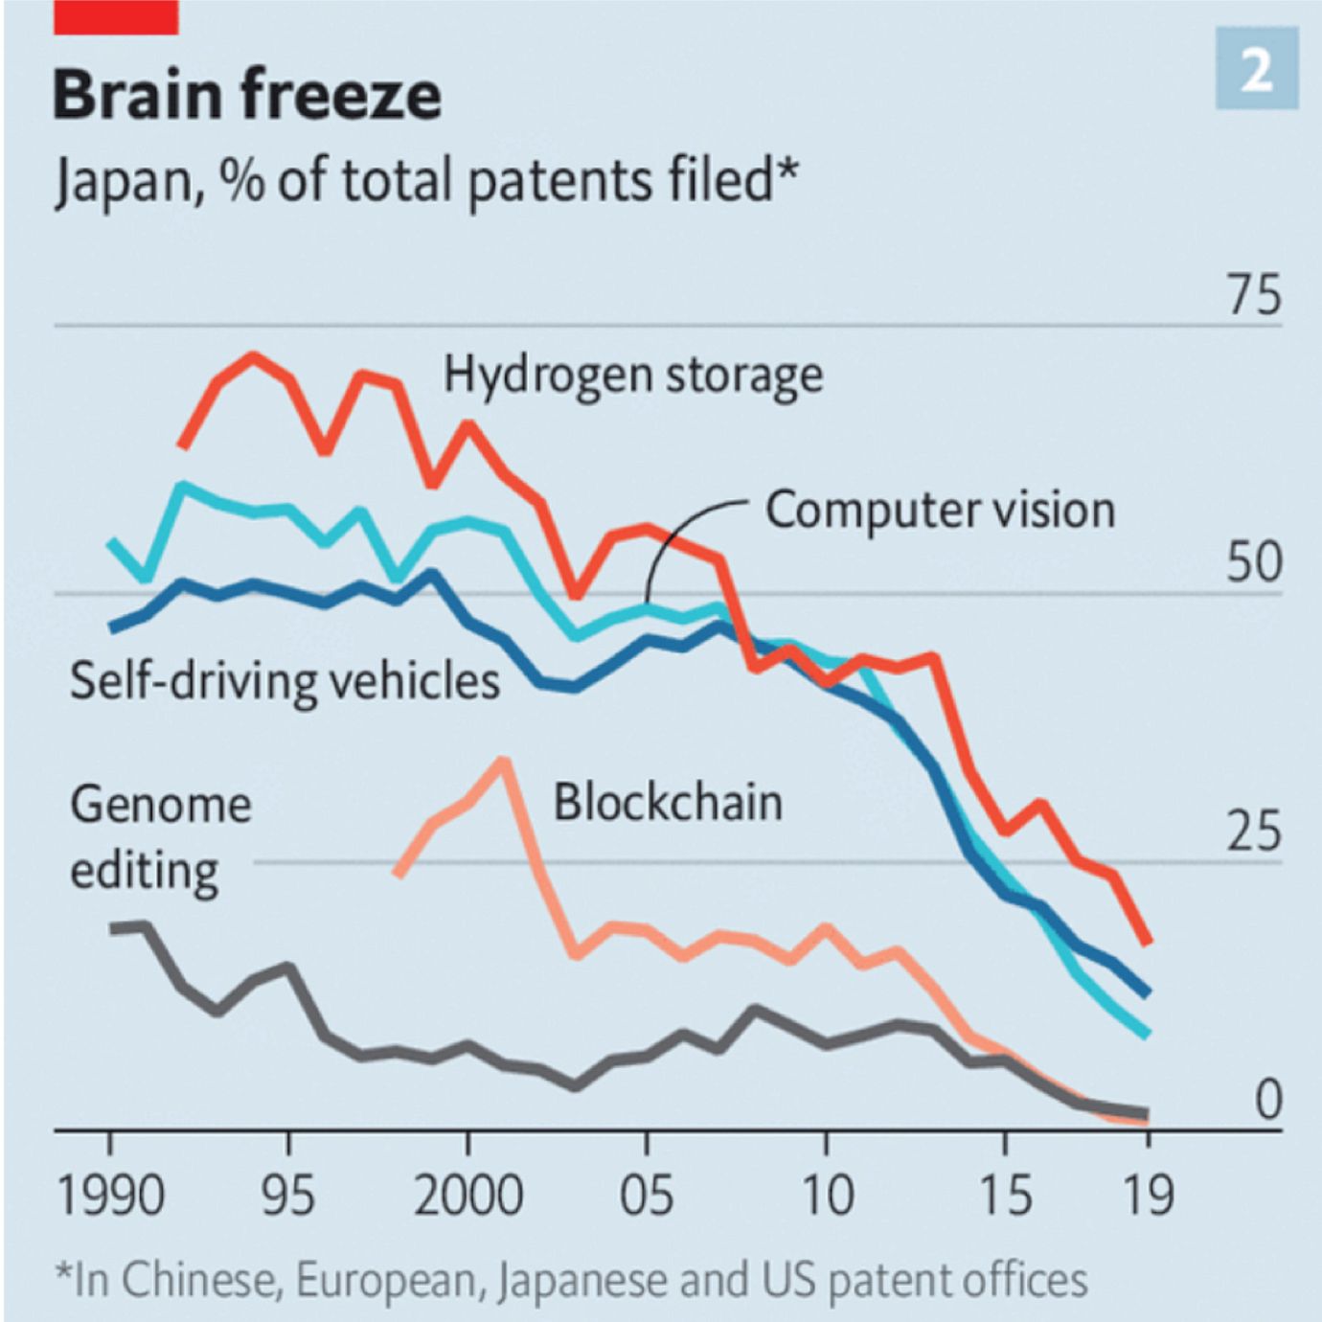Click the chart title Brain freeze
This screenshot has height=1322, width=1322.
point(246,96)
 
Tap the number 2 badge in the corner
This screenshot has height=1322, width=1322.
point(1257,69)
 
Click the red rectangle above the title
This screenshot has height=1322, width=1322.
point(116,17)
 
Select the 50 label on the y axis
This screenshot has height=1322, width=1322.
point(1253,562)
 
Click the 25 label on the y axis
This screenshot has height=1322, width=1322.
point(1253,831)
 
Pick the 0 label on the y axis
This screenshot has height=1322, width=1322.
point(1268,1100)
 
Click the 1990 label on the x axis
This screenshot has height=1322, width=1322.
point(110,1196)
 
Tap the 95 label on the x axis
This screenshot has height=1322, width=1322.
point(288,1196)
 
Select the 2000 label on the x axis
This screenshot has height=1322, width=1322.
point(467,1196)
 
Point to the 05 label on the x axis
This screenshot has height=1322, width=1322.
point(647,1196)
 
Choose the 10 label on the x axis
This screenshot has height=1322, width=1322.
point(826,1196)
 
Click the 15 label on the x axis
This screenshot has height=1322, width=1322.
point(1005,1196)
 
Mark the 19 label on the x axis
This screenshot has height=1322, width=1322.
point(1148,1196)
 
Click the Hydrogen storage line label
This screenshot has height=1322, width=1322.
point(632,375)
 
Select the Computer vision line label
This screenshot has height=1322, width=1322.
point(940,510)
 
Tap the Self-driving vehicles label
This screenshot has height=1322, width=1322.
point(285,681)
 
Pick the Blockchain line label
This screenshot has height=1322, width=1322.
point(668,802)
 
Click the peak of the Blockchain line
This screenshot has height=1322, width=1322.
point(502,763)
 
